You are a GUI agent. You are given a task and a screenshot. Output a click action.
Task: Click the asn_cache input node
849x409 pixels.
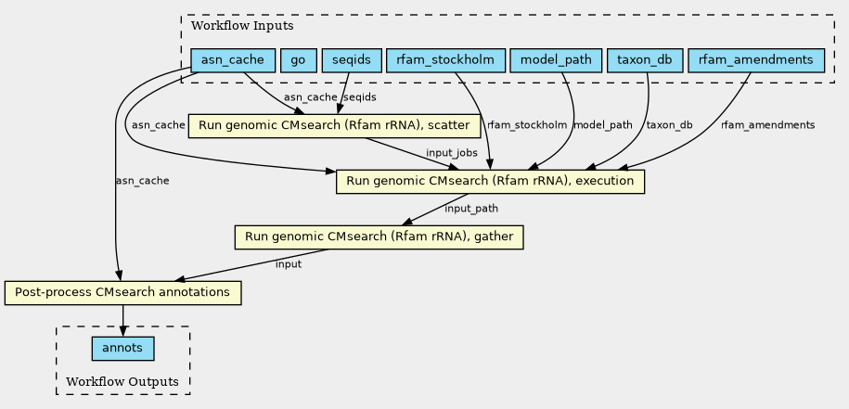pos(233,60)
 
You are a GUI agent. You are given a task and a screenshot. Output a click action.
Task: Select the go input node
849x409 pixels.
pos(298,60)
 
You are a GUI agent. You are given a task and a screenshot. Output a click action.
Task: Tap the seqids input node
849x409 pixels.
pos(352,60)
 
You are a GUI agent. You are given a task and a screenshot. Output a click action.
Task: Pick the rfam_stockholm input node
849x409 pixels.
pos(445,60)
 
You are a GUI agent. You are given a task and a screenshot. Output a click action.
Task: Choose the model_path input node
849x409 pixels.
pos(556,60)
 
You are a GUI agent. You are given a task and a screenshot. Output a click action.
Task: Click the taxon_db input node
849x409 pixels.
pos(643,60)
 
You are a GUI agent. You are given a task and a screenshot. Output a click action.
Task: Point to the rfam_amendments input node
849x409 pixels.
pos(756,60)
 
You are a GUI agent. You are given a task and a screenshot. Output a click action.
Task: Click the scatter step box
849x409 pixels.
pos(334,125)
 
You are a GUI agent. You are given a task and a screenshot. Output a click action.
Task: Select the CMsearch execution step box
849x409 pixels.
pos(490,181)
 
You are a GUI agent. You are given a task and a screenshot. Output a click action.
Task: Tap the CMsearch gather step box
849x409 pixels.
pos(379,237)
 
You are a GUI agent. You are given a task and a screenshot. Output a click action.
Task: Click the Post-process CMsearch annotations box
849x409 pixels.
pos(122,293)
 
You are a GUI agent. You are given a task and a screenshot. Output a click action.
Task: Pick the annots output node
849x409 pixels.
pos(122,349)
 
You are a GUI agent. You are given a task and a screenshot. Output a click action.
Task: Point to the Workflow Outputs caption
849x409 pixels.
pos(122,381)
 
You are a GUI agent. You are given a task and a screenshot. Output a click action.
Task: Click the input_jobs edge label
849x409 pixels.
pos(452,152)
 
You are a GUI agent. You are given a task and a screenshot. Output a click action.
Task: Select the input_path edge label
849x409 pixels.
pos(471,209)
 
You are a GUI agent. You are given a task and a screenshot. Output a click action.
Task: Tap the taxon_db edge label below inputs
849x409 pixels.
pos(670,125)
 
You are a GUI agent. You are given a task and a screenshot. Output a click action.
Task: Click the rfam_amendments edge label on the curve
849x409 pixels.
pos(767,125)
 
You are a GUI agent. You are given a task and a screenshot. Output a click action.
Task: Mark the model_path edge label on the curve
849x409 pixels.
pos(603,125)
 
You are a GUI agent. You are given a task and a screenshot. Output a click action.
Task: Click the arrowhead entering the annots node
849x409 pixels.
pos(122,331)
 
